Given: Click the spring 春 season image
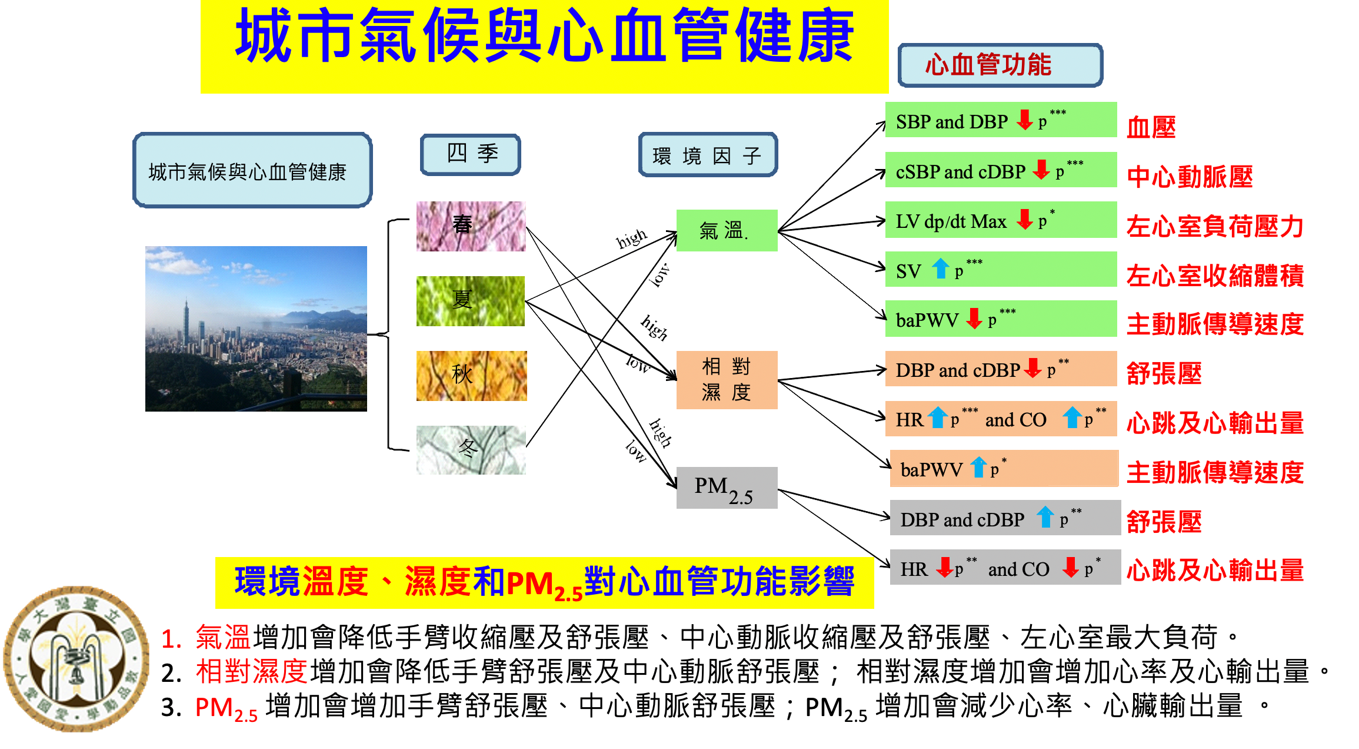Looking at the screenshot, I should [471, 226].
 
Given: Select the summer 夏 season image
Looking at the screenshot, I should [470, 301].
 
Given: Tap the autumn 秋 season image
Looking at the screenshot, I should [471, 376].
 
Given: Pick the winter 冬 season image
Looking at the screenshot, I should [471, 450].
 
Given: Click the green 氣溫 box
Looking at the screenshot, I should [727, 230].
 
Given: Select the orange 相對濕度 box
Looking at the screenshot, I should [727, 380].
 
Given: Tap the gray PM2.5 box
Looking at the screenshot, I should [727, 488].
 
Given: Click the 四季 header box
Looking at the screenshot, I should [471, 154].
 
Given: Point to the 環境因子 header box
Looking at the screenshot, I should [708, 155].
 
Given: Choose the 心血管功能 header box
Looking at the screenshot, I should [1000, 65].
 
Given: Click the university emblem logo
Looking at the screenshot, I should [76, 658].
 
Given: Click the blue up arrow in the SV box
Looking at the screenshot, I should [940, 269].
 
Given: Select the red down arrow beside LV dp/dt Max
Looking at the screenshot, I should [1025, 219].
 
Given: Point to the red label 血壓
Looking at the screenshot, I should [1151, 128].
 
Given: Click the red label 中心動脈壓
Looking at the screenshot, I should [1190, 177].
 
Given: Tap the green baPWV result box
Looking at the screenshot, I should [1000, 319].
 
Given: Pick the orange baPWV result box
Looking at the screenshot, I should [1004, 469].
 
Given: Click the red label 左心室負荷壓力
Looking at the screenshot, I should [1215, 226].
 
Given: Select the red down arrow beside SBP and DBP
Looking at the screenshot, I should [1025, 120].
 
